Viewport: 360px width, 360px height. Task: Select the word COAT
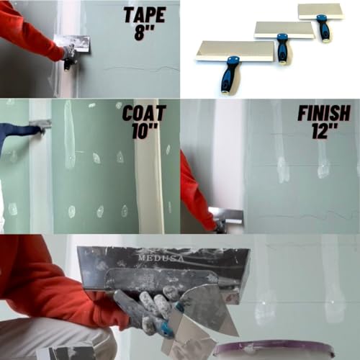144,114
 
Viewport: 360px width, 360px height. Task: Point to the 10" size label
144,132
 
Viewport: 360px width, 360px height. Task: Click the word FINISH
323,113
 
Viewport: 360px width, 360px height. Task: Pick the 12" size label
325,132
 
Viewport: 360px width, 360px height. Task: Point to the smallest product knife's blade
320,10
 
